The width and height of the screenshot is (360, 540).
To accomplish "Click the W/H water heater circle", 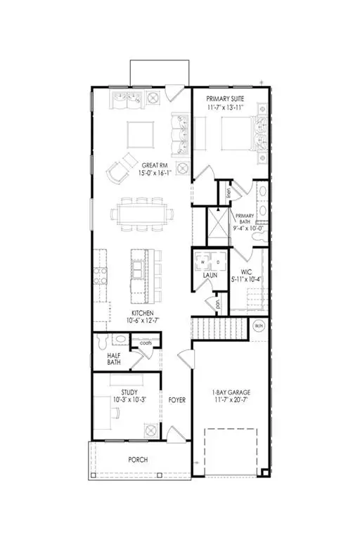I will pos(258,326).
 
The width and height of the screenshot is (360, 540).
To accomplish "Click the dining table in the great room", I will pos(138,213).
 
